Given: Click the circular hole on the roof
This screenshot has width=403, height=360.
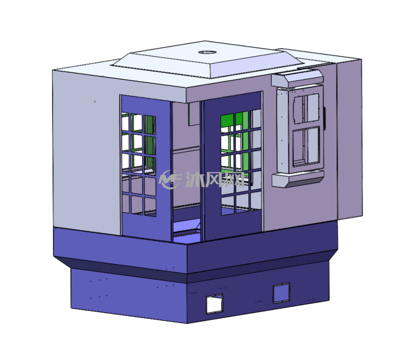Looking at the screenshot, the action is [x=207, y=53].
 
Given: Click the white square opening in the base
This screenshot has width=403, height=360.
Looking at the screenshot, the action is [x=215, y=304].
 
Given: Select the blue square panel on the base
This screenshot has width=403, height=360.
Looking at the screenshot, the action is [x=282, y=293].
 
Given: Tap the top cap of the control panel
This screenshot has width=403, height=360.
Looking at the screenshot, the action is [x=297, y=79].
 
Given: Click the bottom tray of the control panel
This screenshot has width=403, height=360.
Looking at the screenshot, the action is [x=298, y=179].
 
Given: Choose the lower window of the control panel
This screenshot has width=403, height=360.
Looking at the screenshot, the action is [x=306, y=146].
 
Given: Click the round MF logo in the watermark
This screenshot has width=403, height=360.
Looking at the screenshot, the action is [x=170, y=179].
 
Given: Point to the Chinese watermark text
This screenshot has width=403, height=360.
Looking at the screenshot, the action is [x=215, y=179].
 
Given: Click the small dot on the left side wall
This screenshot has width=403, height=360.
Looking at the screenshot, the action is [x=95, y=101].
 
